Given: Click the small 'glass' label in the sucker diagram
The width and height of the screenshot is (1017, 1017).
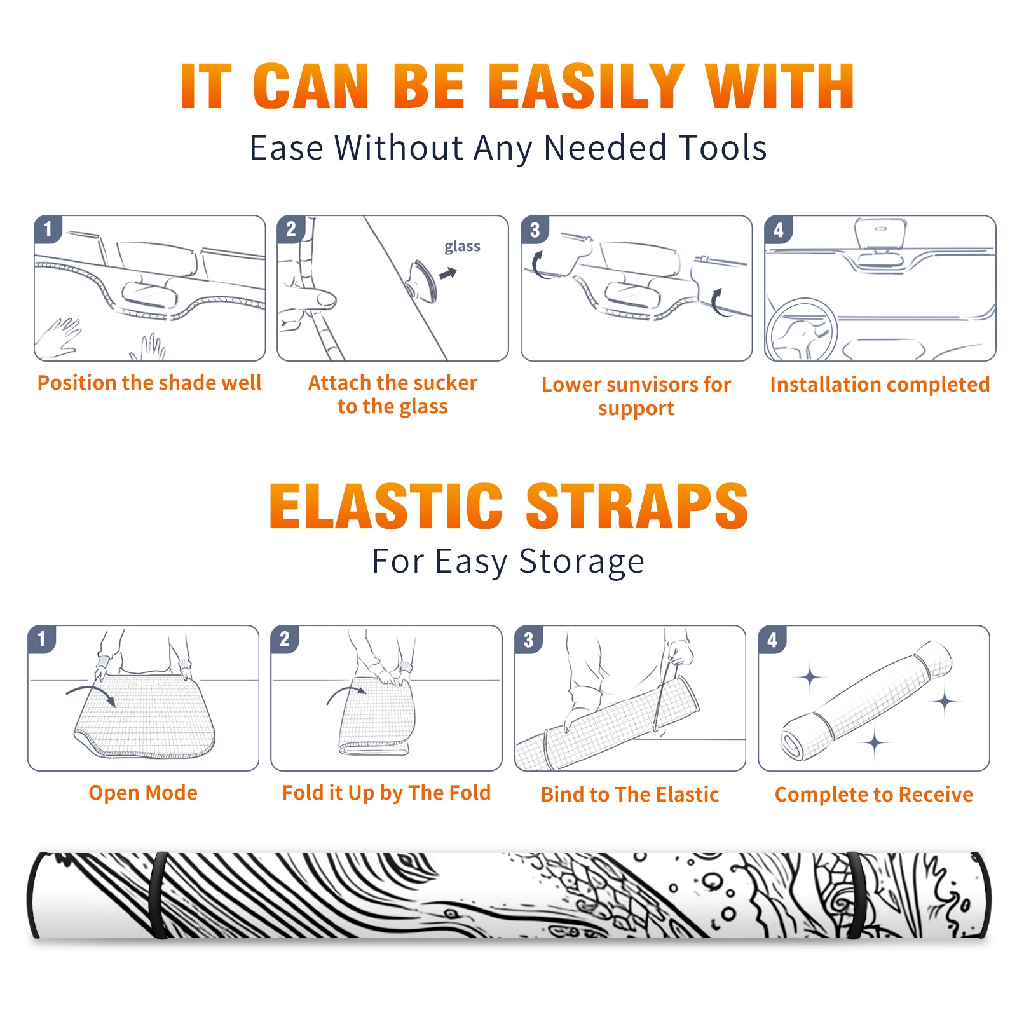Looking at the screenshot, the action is pos(462,247).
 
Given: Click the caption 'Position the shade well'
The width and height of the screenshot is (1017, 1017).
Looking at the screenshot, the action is pos(149,383).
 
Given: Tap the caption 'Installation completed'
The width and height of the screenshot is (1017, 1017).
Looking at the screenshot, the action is pos(880,384).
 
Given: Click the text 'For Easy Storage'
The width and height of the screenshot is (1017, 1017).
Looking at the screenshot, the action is pos(508,562).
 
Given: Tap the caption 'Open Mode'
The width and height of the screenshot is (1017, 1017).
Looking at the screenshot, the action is pos(143,793).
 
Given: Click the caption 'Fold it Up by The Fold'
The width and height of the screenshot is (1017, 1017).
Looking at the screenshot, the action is pos(386,793).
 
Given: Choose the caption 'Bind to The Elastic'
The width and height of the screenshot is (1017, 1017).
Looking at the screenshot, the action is pos(630,795).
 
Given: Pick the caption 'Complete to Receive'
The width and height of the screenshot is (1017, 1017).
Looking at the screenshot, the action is pos(874,795).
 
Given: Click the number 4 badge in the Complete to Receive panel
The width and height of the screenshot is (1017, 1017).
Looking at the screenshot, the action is pos(772,639).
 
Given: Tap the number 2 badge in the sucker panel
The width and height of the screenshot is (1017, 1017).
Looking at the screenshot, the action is pos(291,229).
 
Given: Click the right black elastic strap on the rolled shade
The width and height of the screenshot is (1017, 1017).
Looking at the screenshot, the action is pos(858,895).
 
